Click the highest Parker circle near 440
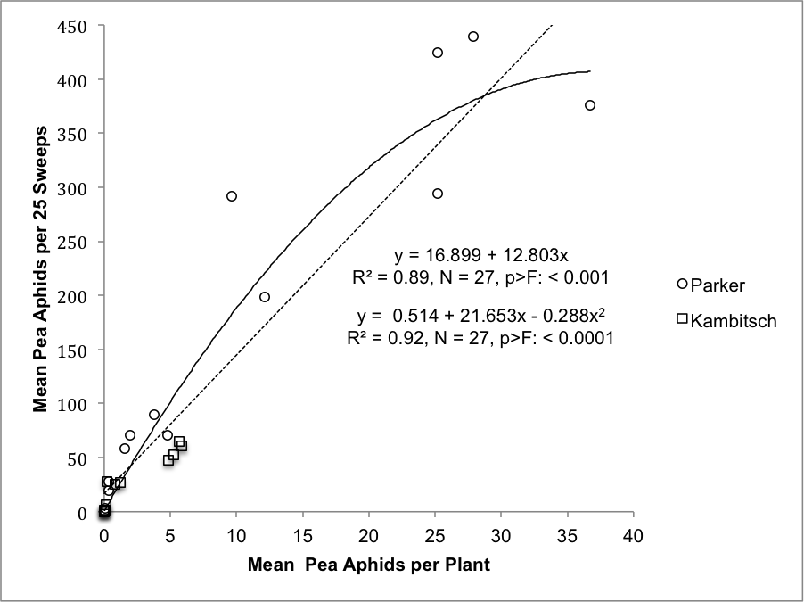click(x=473, y=37)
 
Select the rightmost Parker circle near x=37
click(x=590, y=105)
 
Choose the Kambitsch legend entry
click(x=726, y=321)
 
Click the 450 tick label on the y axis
click(x=72, y=27)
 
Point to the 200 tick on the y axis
click(x=72, y=296)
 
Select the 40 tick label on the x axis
click(x=633, y=536)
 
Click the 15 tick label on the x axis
click(x=302, y=536)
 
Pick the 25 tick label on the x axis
click(x=435, y=536)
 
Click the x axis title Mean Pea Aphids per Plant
click(x=369, y=565)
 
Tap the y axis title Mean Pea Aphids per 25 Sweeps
click(x=41, y=268)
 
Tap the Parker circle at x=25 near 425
click(x=438, y=53)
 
